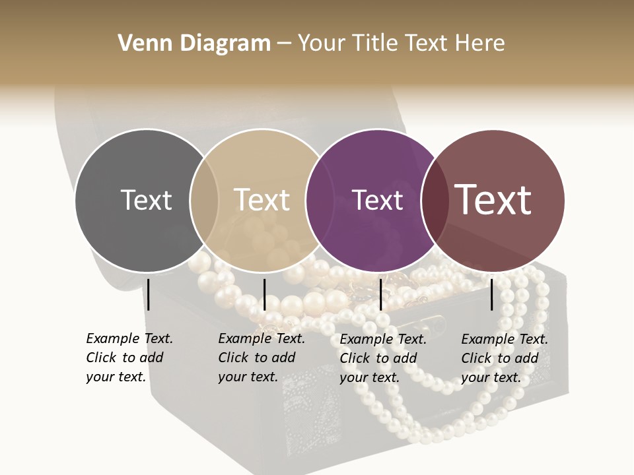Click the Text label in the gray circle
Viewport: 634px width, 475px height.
point(146,200)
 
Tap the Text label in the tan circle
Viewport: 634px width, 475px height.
point(262,200)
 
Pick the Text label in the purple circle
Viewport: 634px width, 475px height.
point(377,200)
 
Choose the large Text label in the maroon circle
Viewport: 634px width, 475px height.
point(493,200)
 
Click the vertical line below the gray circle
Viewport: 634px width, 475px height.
point(149,294)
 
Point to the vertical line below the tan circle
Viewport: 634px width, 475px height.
point(264,294)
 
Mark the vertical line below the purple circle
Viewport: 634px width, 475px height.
point(381,294)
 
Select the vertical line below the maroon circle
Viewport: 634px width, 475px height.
point(492,294)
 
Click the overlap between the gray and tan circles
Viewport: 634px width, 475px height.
point(204,201)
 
